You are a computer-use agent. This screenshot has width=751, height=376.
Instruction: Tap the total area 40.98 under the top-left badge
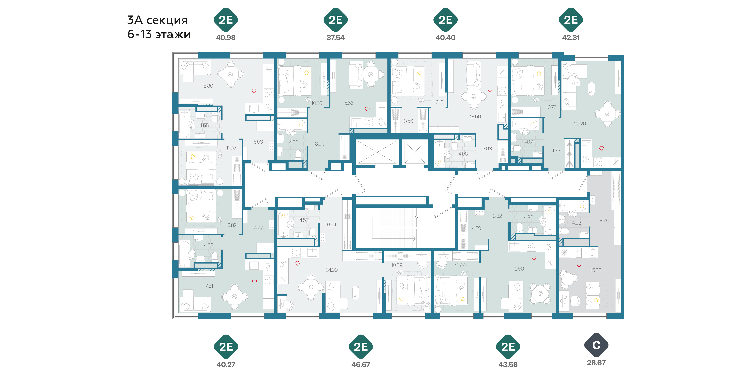(x=226, y=38)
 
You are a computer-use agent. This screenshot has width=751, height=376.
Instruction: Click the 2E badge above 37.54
(x=336, y=20)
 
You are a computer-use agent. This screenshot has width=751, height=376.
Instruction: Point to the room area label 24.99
(x=331, y=270)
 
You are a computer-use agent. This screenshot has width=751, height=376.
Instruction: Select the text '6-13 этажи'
(x=159, y=34)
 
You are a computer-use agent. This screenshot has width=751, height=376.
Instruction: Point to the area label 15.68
(x=596, y=270)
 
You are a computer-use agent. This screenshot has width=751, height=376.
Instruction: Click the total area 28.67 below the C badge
(x=596, y=363)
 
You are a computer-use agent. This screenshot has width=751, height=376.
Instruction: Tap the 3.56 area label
(x=408, y=121)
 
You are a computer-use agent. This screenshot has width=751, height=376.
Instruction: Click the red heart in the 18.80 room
(x=254, y=91)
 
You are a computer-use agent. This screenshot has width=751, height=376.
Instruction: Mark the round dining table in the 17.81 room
(x=234, y=297)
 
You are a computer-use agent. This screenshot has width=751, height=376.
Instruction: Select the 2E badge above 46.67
(x=361, y=347)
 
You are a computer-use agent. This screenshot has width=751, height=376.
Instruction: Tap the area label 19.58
(x=518, y=269)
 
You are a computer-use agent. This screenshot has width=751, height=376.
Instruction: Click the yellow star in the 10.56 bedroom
(x=306, y=72)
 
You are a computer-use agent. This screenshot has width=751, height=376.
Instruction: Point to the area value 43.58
(x=508, y=365)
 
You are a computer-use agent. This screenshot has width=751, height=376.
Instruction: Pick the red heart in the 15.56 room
(x=367, y=109)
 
